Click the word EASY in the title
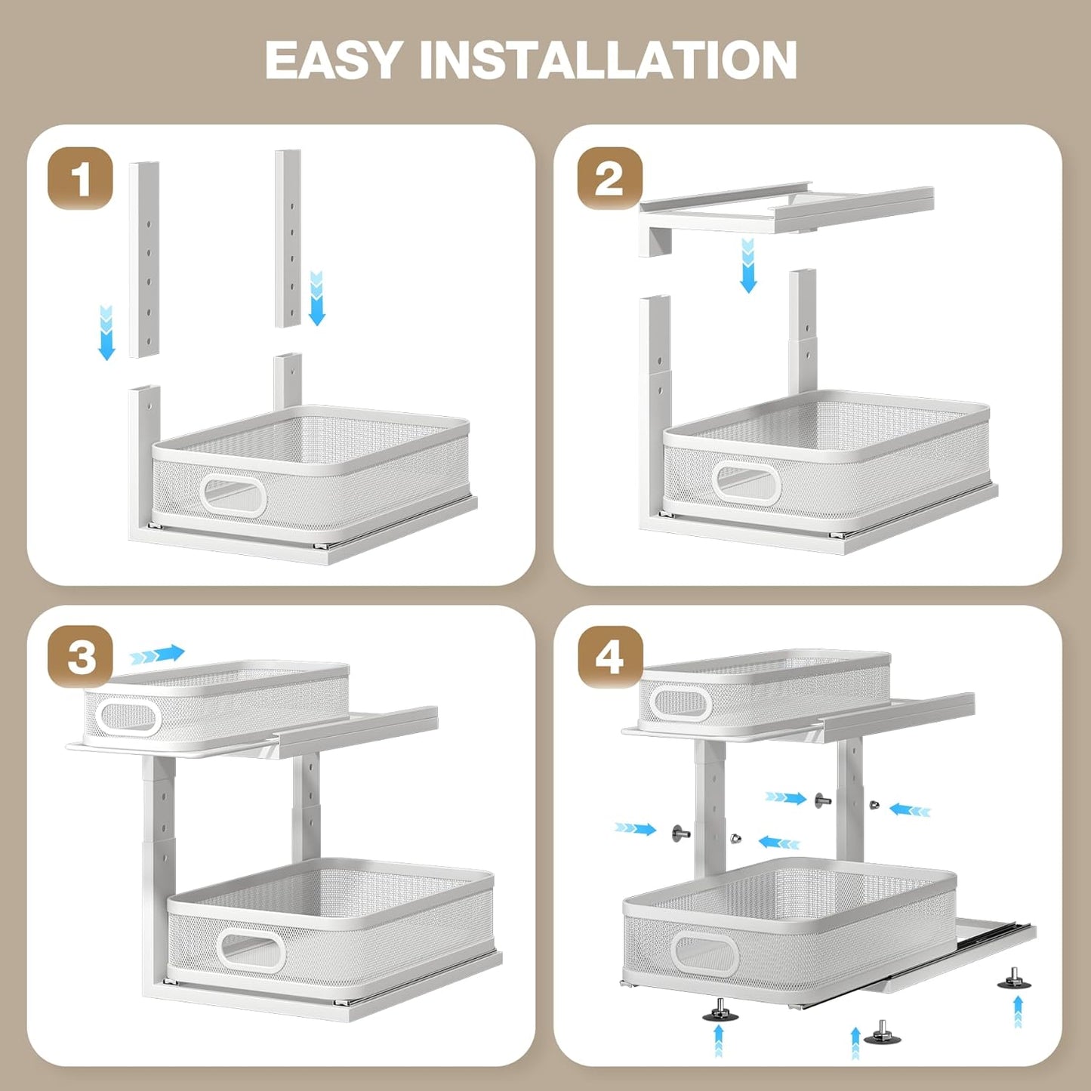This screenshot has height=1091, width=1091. click(332, 60)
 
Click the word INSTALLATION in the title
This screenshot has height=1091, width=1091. click(608, 60)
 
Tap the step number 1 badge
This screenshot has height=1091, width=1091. click(80, 179)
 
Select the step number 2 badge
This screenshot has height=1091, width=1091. click(610, 179)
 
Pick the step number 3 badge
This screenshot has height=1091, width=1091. click(81, 656)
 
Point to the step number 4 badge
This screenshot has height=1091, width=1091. click(610, 656)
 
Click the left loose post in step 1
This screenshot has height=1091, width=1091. click(143, 259)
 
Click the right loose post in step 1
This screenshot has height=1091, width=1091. click(288, 238)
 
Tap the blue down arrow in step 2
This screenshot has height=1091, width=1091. click(747, 265)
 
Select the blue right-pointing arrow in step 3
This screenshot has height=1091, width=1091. click(158, 654)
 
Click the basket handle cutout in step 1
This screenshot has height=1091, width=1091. click(234, 495)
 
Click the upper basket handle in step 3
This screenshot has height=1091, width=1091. click(128, 717)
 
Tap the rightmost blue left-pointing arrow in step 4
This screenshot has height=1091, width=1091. click(910, 810)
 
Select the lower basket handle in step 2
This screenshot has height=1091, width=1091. click(746, 483)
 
